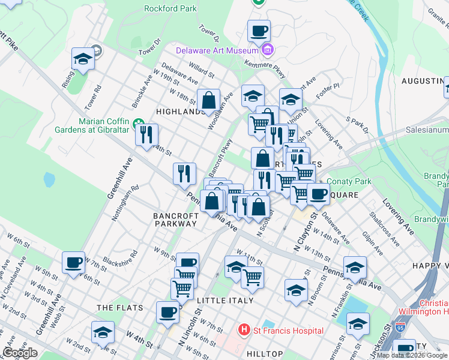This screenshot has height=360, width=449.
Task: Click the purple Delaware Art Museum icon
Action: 268,49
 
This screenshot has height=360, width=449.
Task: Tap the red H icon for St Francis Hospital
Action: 244,331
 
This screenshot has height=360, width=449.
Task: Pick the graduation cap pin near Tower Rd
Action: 83,59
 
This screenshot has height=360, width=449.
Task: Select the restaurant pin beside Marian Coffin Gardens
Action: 146,135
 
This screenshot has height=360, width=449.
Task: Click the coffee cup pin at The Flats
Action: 167,312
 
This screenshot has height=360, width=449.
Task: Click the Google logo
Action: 19,353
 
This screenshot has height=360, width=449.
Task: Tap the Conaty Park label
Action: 346,181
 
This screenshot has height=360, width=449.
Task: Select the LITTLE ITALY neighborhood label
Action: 229,300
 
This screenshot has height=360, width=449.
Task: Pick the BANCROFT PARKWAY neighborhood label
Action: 175,219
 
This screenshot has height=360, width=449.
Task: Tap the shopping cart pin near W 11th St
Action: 253,277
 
